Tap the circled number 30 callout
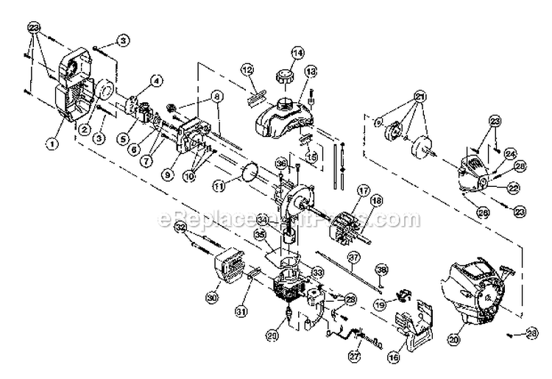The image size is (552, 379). click(213, 298)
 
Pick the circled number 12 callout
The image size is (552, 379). click(247, 69)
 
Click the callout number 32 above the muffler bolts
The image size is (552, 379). click(179, 230)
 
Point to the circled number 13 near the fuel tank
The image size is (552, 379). click(311, 71)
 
